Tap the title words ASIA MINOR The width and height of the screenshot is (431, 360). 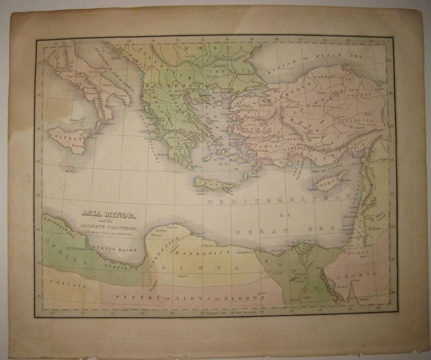tap(109, 215)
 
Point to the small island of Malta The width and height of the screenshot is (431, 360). tap(70, 168)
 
